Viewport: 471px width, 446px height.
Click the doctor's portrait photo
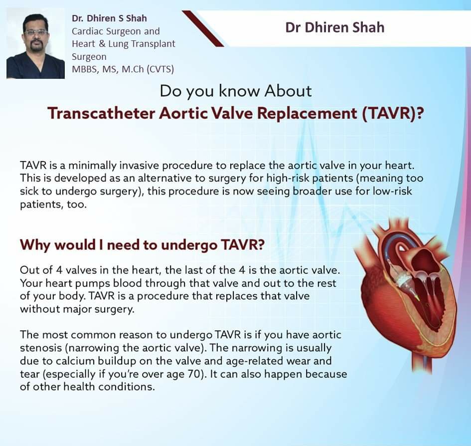pos(35,43)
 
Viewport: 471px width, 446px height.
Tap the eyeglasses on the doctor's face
pos(36,32)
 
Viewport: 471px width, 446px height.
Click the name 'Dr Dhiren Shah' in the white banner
pos(334,27)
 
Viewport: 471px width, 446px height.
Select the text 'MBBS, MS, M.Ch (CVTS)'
pos(123,69)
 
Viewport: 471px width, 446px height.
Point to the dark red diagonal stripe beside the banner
pos(203,28)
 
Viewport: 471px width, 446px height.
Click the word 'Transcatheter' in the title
pos(101,113)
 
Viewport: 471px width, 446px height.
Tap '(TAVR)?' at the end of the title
pos(393,114)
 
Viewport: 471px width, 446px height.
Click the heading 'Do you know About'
pos(236,91)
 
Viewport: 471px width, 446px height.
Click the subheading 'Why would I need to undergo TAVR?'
pos(142,245)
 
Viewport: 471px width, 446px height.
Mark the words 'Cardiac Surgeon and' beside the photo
pos(116,31)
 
